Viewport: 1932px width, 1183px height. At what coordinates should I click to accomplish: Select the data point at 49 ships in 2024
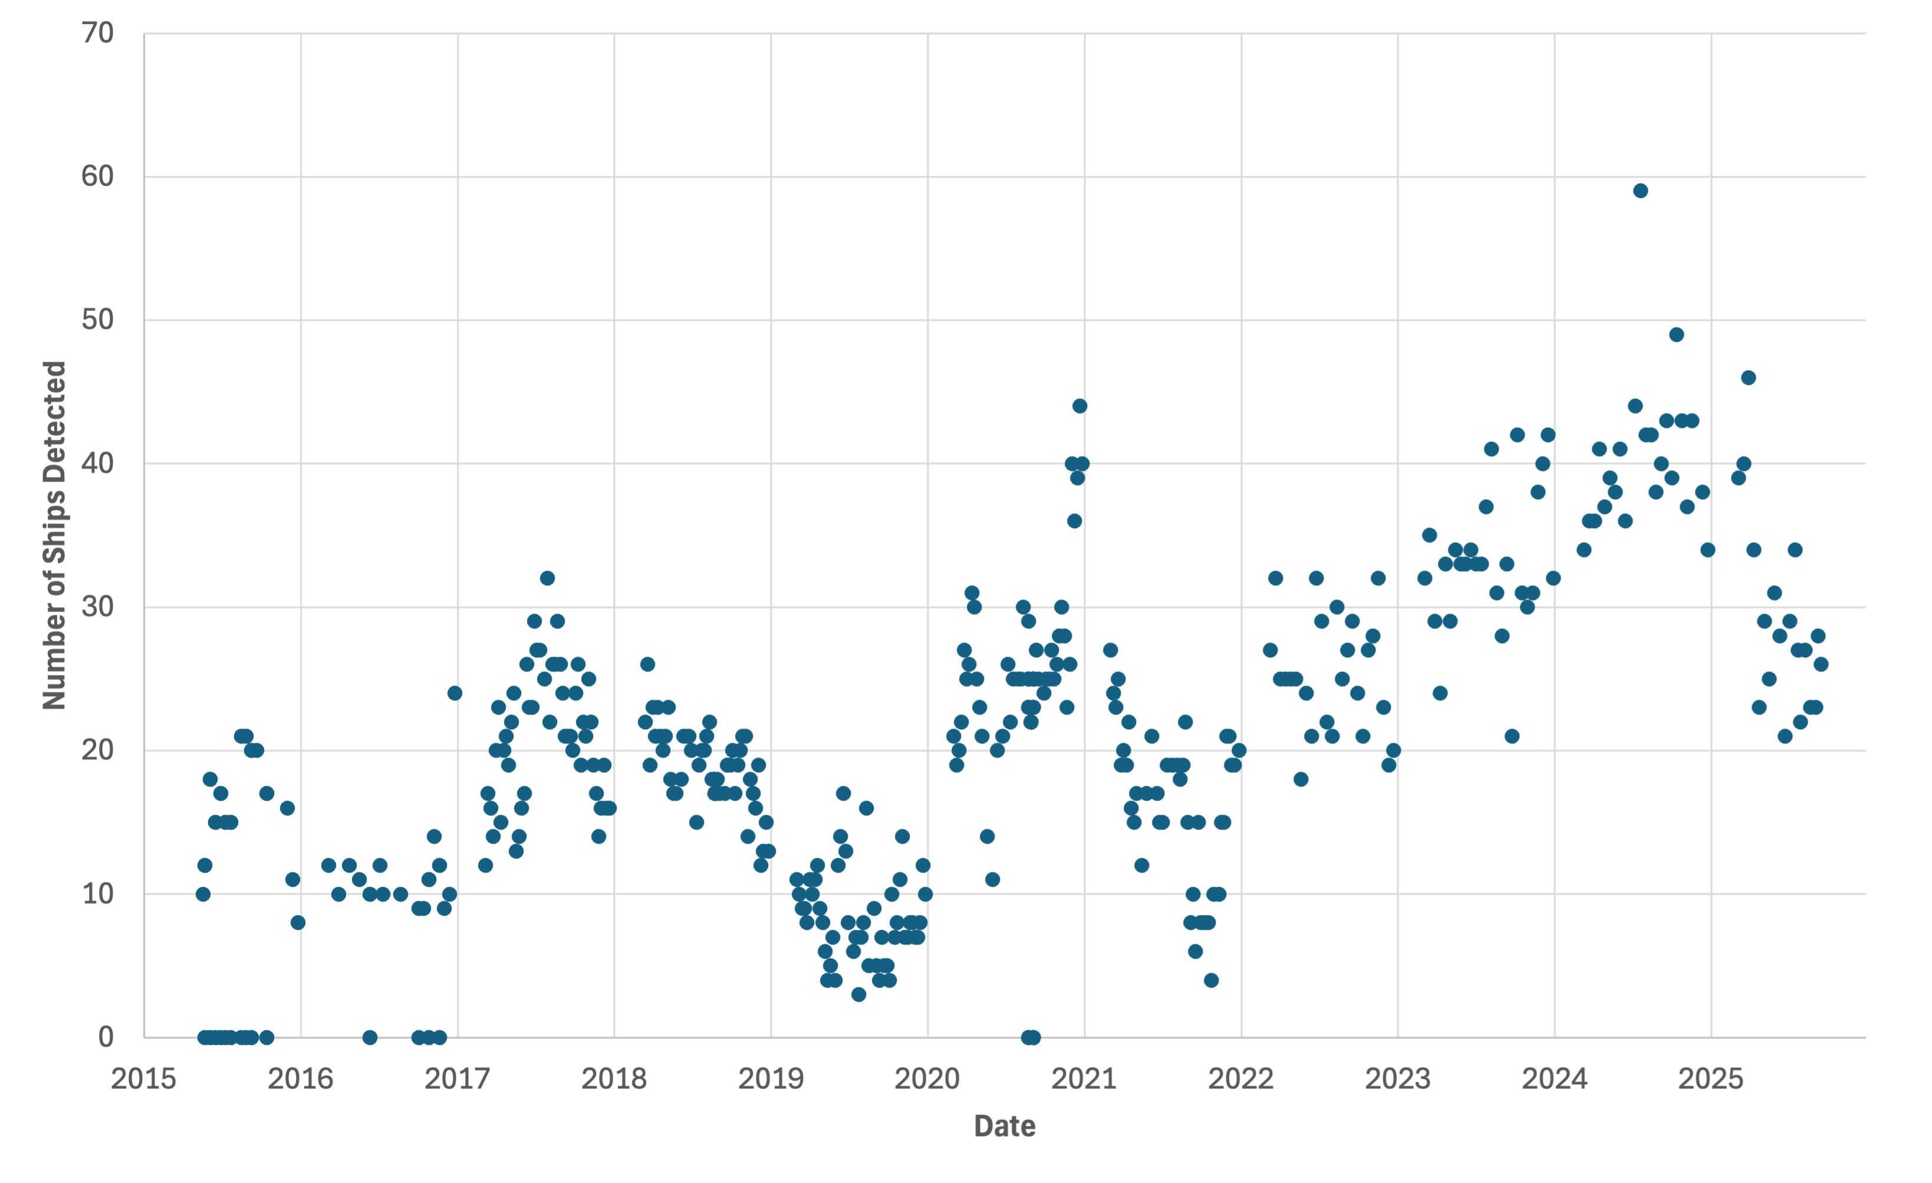[x=1676, y=335]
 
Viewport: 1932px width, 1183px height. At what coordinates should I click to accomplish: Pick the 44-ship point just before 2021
[x=1079, y=406]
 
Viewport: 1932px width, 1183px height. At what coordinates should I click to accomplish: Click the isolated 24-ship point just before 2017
[x=455, y=693]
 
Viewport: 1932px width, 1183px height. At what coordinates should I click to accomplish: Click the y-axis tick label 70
[x=98, y=33]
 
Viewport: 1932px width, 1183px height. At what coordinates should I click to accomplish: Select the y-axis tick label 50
[x=98, y=320]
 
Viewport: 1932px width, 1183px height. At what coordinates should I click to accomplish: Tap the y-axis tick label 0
[x=106, y=1037]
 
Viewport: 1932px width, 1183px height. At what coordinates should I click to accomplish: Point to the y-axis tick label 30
[x=98, y=607]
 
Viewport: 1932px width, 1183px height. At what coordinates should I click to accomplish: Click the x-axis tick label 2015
[x=143, y=1079]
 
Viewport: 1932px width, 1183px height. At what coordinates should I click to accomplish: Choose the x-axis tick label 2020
[x=927, y=1079]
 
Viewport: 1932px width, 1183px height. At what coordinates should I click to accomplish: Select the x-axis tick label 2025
[x=1710, y=1079]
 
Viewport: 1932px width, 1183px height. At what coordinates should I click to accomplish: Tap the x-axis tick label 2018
[x=614, y=1079]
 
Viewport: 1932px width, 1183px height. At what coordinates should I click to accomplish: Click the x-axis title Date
[x=1005, y=1126]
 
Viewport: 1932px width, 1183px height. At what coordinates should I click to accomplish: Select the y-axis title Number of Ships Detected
[x=54, y=535]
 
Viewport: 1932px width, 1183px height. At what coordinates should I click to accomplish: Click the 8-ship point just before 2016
[x=298, y=922]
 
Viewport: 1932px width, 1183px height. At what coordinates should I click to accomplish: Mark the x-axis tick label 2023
[x=1397, y=1079]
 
